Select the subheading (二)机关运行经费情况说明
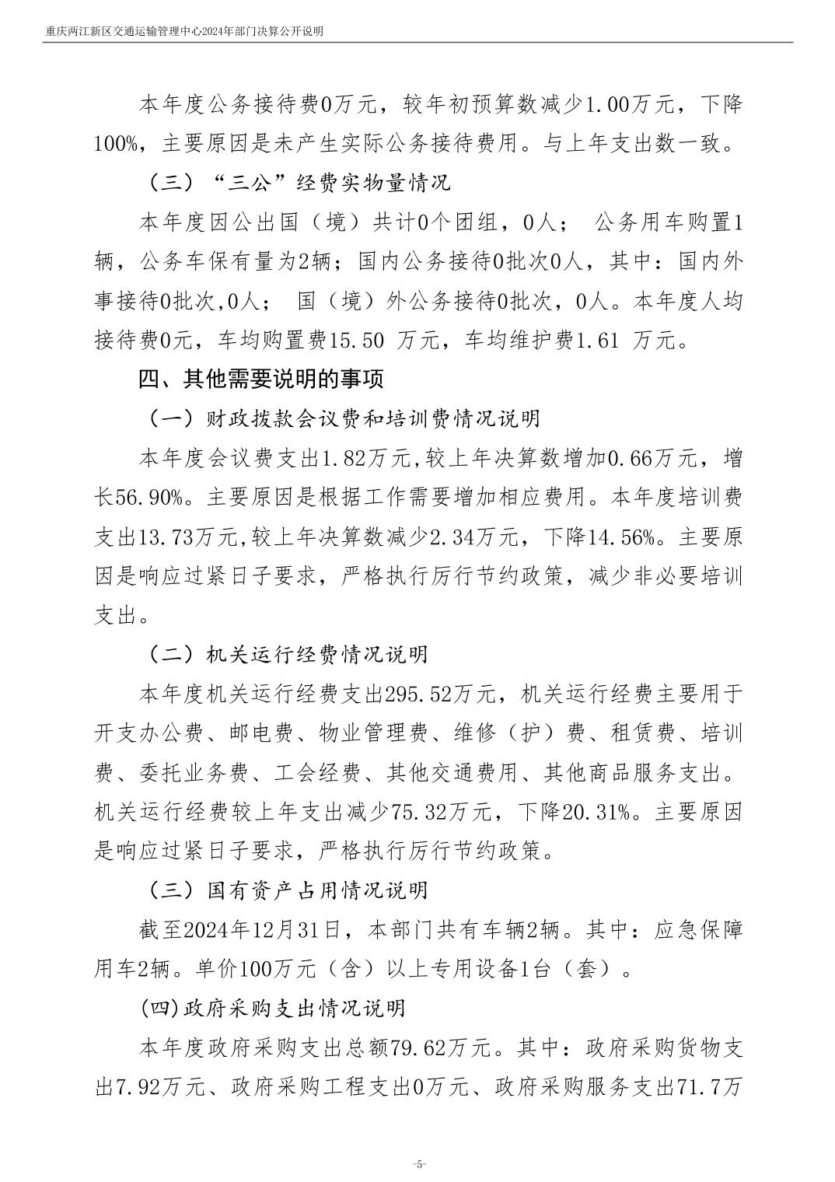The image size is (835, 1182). pyautogui.click(x=287, y=654)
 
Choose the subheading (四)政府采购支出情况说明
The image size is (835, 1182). pyautogui.click(x=274, y=1009)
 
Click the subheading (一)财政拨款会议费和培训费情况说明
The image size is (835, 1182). pyautogui.click(x=343, y=418)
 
